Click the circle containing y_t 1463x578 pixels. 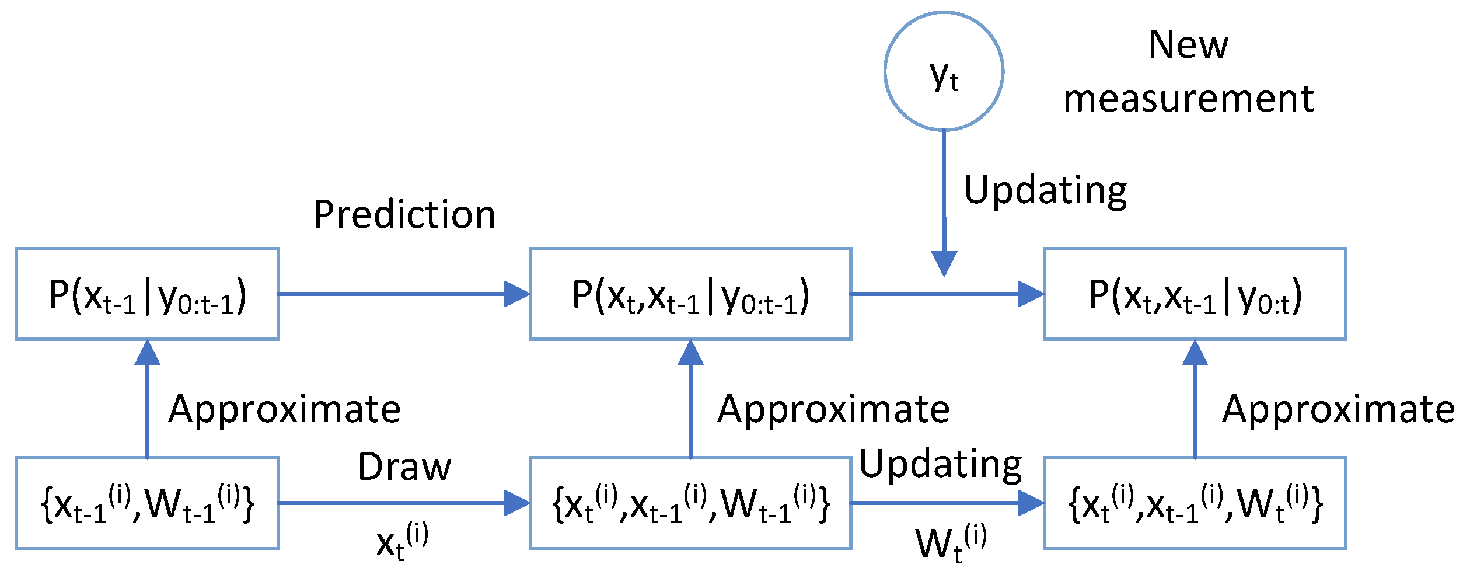click(x=944, y=71)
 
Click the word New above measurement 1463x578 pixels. click(x=1188, y=45)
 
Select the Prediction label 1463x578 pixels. click(x=404, y=214)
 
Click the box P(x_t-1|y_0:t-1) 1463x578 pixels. click(x=147, y=294)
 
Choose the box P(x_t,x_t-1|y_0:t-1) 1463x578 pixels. click(x=690, y=294)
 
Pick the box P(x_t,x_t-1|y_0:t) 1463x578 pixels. click(x=1195, y=294)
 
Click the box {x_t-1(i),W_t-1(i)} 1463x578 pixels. click(x=147, y=503)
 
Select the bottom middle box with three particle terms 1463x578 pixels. click(x=690, y=503)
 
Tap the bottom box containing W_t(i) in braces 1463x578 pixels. click(x=1195, y=503)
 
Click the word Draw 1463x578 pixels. click(x=404, y=467)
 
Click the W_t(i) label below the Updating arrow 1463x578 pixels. click(x=951, y=543)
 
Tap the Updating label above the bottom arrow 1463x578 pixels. click(x=940, y=465)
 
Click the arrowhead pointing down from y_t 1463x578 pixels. click(x=944, y=263)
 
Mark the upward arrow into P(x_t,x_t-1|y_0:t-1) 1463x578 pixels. click(x=690, y=397)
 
